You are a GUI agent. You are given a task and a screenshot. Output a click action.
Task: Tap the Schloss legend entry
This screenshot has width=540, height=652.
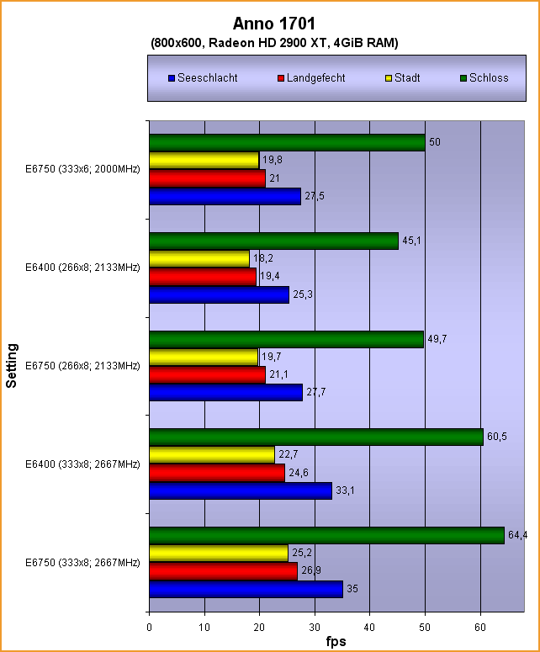pyautogui.click(x=484, y=78)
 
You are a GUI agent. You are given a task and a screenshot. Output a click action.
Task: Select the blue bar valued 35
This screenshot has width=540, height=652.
pyautogui.click(x=246, y=589)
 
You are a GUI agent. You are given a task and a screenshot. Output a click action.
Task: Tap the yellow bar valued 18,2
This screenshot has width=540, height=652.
pyautogui.click(x=199, y=258)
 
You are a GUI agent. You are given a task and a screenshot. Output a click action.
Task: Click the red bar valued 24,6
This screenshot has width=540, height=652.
pyautogui.click(x=217, y=474)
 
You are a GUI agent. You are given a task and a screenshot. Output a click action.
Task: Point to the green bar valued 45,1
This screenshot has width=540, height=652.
pyautogui.click(x=273, y=241)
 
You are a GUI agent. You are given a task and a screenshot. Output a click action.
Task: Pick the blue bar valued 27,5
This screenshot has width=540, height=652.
pyautogui.click(x=225, y=196)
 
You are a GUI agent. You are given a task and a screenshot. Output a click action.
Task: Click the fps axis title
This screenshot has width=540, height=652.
pyautogui.click(x=336, y=641)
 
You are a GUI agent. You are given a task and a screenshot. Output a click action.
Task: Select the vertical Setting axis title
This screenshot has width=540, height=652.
pyautogui.click(x=12, y=365)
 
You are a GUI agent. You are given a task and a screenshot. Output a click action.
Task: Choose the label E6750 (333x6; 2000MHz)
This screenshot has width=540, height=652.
pyautogui.click(x=82, y=170)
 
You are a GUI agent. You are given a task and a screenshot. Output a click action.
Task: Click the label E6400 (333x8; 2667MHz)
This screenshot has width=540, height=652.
pyautogui.click(x=82, y=464)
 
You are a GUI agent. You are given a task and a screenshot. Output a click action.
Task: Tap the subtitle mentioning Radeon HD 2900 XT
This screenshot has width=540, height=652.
pyautogui.click(x=274, y=42)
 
